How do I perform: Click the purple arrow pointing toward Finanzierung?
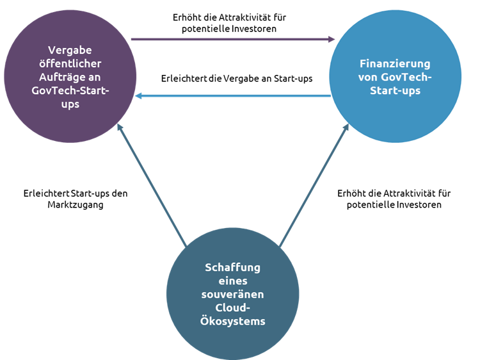coord(230,39)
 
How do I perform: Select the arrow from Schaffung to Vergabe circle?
coord(152,186)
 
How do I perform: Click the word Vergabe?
coord(70,50)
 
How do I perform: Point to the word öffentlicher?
coord(70,63)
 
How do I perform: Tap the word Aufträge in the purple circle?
coord(59,77)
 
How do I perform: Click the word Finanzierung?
coord(395,64)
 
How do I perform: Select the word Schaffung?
coord(232,267)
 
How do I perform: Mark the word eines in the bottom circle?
coord(232,281)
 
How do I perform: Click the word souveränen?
coord(232,294)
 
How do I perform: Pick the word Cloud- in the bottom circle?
coord(232,307)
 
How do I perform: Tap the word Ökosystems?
coord(232,321)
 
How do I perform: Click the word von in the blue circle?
coord(368,78)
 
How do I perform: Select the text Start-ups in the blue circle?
coord(394,91)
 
